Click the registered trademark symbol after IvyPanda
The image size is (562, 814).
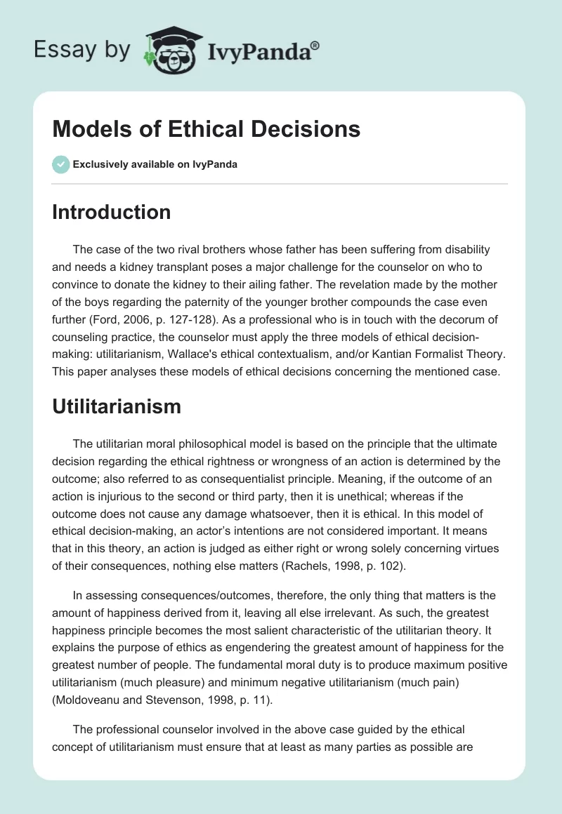[x=315, y=45]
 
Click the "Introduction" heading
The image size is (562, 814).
[x=111, y=212]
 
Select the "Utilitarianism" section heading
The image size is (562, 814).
[x=117, y=406]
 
